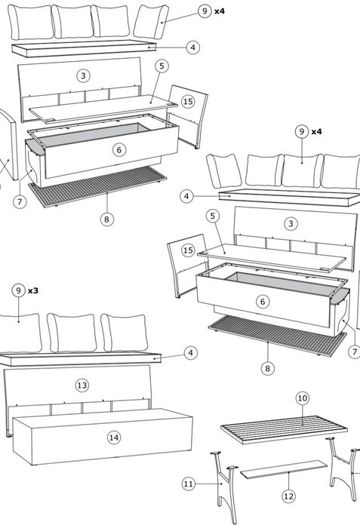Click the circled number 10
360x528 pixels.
[x=303, y=398]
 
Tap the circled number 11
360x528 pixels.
[x=189, y=484]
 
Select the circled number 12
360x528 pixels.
[x=288, y=496]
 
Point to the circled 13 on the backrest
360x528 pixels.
[x=82, y=385]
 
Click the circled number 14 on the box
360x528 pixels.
[x=114, y=437]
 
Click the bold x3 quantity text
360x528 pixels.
[x=33, y=290]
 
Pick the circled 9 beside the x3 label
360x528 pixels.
[x=19, y=290]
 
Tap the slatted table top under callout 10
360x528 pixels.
[x=285, y=428]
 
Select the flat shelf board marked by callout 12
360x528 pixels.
[x=284, y=469]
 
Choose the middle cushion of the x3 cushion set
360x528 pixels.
[x=72, y=333]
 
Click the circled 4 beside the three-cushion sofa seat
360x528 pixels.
[x=191, y=353]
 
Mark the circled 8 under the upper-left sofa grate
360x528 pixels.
[x=107, y=219]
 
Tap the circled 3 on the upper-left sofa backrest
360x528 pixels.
[x=83, y=75]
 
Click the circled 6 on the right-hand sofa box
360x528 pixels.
[x=263, y=302]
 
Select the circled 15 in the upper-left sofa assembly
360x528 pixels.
[x=188, y=101]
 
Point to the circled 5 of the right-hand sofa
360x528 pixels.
[x=212, y=216]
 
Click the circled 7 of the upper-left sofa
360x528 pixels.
[x=20, y=201]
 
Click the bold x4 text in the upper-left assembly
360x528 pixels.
[x=220, y=11]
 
